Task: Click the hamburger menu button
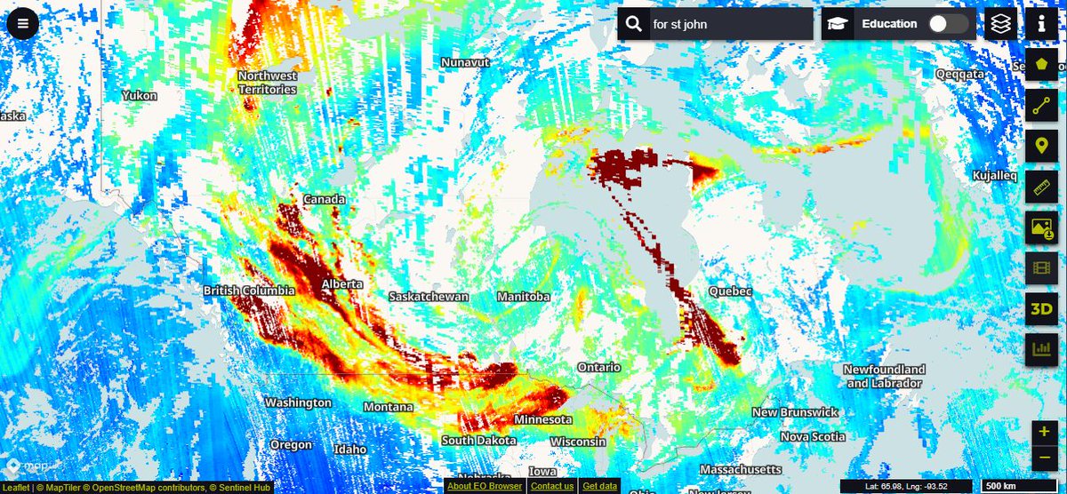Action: coord(22,23)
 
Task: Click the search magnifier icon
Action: coord(633,24)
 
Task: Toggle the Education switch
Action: coord(948,24)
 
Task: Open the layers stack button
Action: coord(1001,24)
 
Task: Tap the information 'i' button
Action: coord(1041,24)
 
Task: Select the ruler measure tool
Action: coord(1041,187)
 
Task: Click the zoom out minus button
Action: coord(1044,458)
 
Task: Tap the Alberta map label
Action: coord(342,283)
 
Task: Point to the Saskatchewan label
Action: coord(429,296)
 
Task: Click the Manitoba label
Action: coord(523,296)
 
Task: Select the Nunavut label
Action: coord(466,62)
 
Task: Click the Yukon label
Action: coord(140,95)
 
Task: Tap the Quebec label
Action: coord(730,291)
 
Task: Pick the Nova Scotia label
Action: coord(813,436)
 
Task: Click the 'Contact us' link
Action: coord(551,486)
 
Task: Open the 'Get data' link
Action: coord(599,486)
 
